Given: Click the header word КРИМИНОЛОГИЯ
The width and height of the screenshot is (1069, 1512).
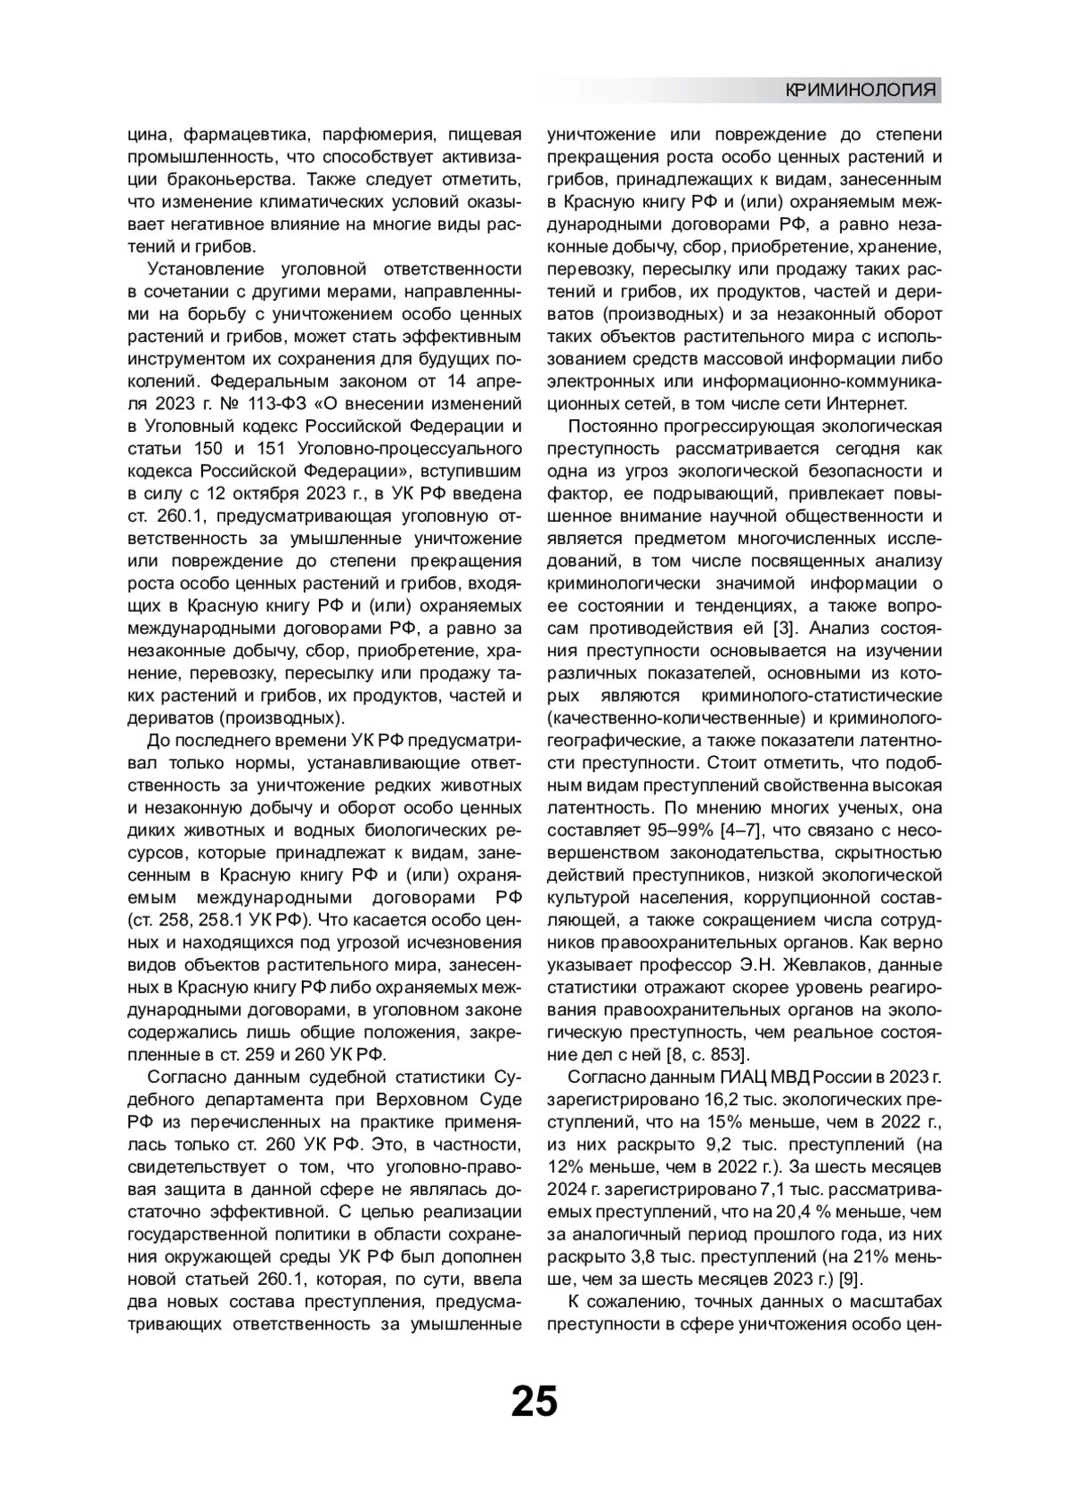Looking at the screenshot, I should (x=861, y=90).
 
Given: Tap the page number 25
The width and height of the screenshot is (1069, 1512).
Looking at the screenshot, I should (x=534, y=1401).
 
